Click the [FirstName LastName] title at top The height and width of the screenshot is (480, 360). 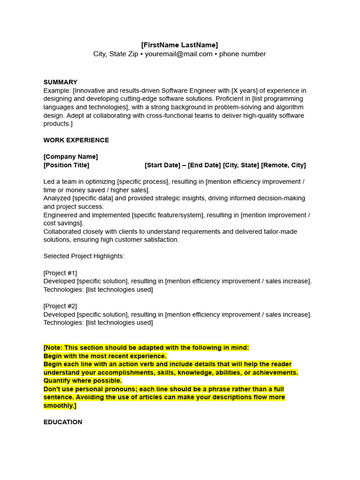coord(180,45)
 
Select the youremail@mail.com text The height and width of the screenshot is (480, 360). coord(179,54)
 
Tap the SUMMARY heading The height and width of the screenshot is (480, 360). coord(60,82)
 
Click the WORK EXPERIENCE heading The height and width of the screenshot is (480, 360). coord(76,140)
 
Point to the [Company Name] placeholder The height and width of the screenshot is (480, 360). coord(71,157)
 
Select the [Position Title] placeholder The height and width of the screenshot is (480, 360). coord(66,165)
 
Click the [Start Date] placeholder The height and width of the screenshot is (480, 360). coord(162,165)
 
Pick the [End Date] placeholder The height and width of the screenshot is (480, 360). coord(204,165)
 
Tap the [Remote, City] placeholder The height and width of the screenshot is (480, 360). coord(283,165)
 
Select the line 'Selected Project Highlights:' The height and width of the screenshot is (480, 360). coord(84,256)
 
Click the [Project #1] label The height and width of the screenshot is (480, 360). coord(60,273)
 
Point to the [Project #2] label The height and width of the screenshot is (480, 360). coord(60,306)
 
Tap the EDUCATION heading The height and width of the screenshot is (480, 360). coord(63,422)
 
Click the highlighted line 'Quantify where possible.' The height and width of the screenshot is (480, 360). coord(82,381)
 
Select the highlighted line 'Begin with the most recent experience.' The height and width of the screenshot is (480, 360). coord(105,356)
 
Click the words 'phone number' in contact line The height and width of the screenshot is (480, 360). coord(242,54)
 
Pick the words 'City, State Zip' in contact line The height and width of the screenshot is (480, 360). coord(116,54)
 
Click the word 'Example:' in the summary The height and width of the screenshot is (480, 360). coord(57,90)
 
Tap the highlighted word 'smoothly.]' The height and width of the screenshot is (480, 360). coord(60,405)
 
